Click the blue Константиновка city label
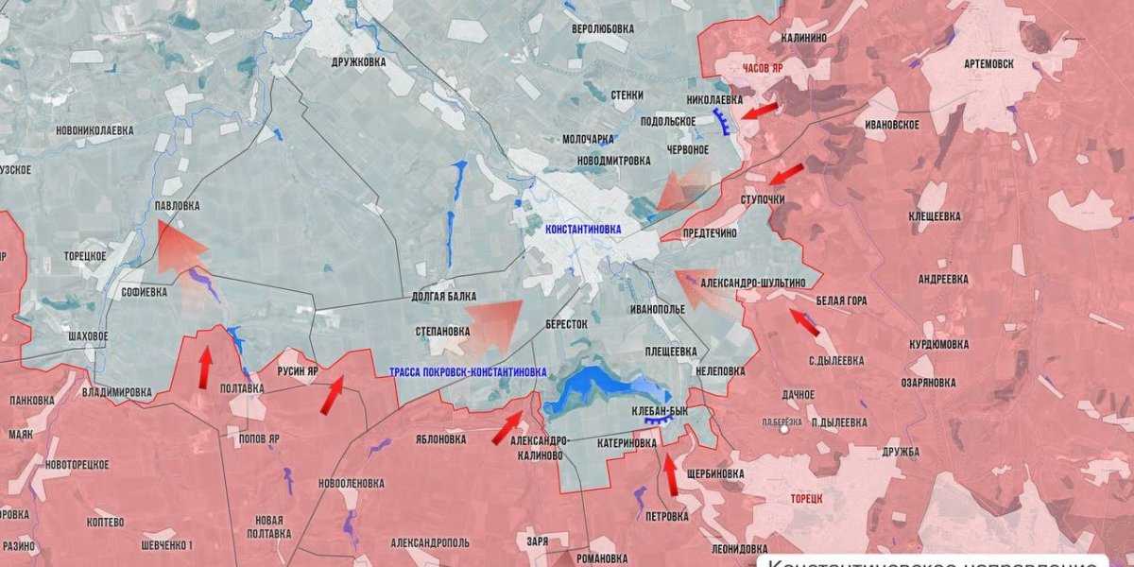coord(583,229)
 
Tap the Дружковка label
coord(359,62)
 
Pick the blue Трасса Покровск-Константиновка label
coord(467,372)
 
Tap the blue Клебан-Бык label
coord(659,411)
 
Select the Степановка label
coord(442,332)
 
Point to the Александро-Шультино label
coord(753,283)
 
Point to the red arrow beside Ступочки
coord(786,174)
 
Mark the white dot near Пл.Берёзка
coord(783,430)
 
